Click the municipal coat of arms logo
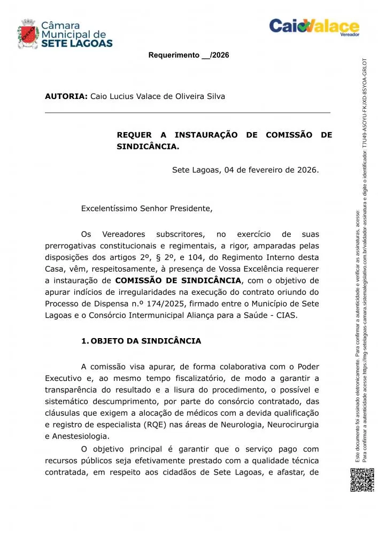[x=28, y=34]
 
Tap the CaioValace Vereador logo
[x=314, y=27]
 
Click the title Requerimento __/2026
[x=188, y=55]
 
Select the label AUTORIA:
[x=66, y=97]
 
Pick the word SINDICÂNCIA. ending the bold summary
[x=148, y=146]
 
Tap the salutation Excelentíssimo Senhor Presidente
[x=146, y=209]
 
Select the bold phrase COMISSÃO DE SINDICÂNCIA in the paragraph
[x=178, y=280]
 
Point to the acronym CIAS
[x=287, y=316]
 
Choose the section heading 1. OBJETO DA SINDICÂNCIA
[x=141, y=341]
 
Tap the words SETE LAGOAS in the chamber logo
[x=77, y=44]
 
